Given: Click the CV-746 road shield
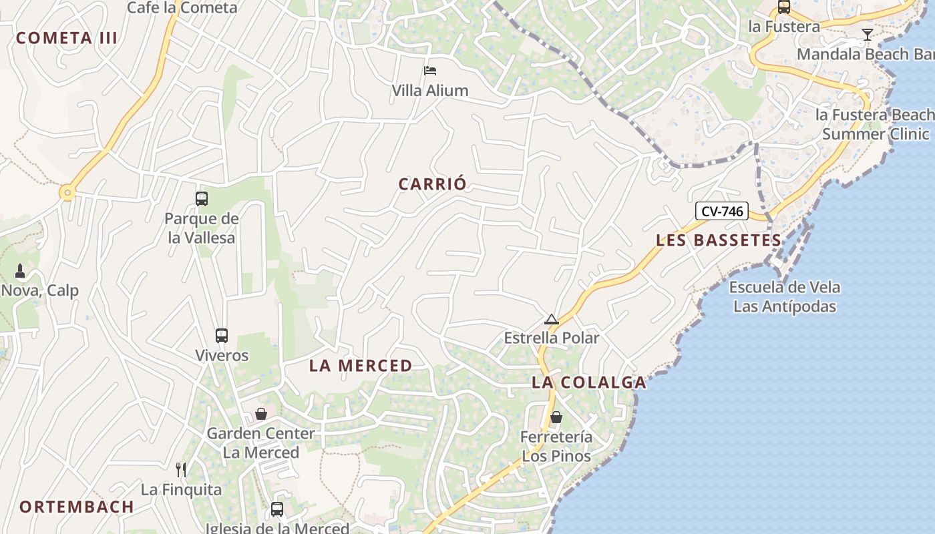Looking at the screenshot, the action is coord(722,211).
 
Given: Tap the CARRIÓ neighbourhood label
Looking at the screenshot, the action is coord(432,184).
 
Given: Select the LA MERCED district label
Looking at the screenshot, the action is coord(361,366).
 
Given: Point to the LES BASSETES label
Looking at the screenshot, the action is coord(719,240).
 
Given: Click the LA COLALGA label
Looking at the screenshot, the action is coord(589,382).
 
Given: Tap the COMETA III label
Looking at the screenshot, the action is coord(67,38).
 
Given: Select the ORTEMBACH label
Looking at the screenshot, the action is coord(77,507).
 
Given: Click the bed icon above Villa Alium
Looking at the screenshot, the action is coord(430,70).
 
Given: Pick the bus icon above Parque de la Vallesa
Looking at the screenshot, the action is coord(202,198).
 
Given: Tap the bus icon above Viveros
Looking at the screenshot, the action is coord(222,335).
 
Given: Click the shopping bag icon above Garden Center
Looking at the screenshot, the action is coord(261,414).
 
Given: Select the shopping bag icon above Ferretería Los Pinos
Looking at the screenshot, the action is coord(556,418).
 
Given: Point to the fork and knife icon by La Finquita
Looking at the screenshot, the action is coord(180,469).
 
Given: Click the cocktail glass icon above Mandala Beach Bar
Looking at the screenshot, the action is coord(867,34).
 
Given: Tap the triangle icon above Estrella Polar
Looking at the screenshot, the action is coord(551,319).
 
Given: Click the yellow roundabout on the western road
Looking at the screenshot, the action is coord(67,194).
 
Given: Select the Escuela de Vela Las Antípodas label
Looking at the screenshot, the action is coord(785,297).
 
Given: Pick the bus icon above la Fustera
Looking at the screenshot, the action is coord(784,7).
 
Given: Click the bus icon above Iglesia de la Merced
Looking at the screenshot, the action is coord(277,509).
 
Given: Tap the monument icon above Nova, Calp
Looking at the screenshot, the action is coord(20,271).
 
